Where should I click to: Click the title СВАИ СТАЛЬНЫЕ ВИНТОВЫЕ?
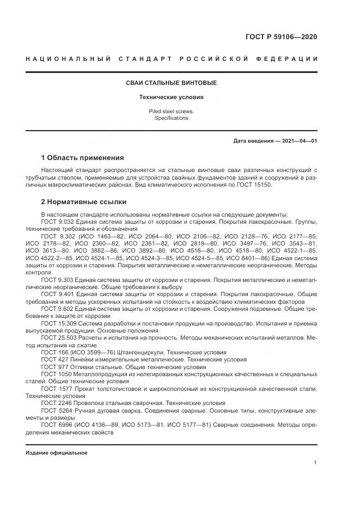pos(171,83)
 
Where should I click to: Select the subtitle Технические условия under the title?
pos(171,97)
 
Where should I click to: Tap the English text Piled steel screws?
pos(171,111)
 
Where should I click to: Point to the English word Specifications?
pos(171,118)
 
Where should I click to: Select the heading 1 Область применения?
pos(82,158)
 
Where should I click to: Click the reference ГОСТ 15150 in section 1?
pos(259,185)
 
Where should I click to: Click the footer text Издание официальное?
pos(56,452)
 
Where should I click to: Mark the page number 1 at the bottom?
pos(315,462)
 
